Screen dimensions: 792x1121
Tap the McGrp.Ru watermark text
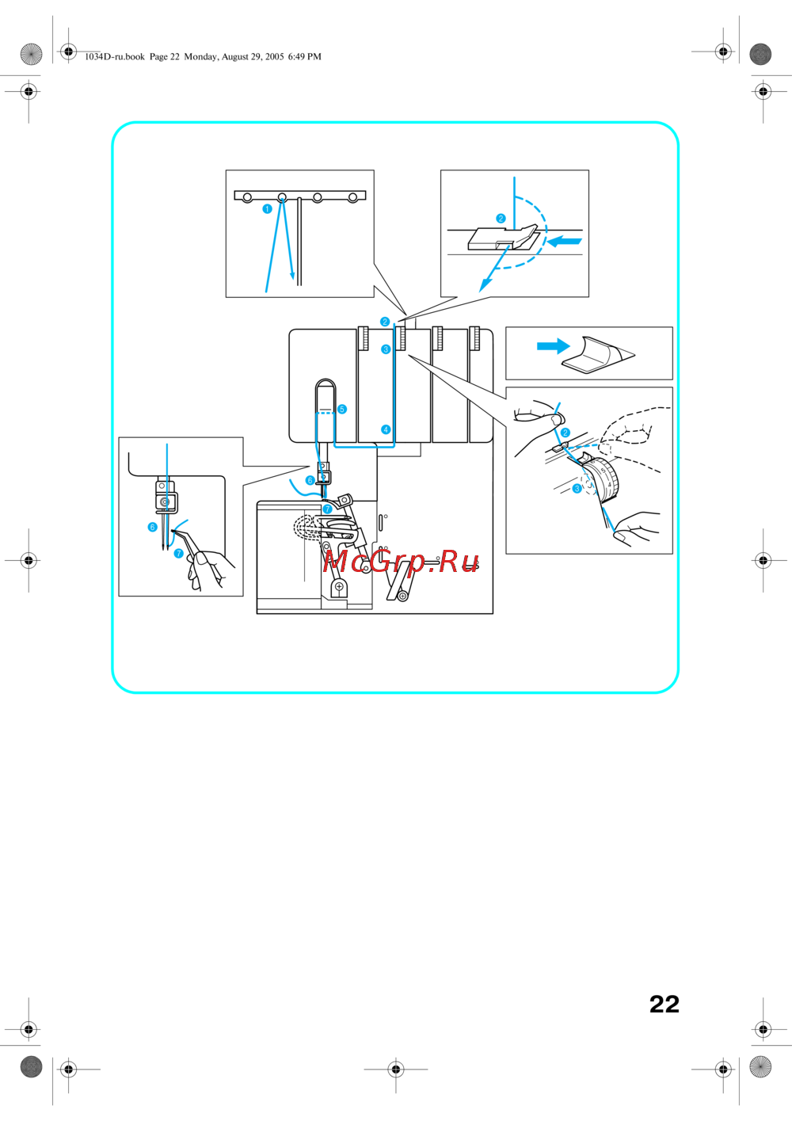(x=401, y=562)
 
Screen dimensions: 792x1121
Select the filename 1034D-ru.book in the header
(x=115, y=56)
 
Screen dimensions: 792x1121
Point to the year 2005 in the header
(x=275, y=56)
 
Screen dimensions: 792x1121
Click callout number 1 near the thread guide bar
(x=267, y=208)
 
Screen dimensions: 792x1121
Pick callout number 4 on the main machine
(x=386, y=429)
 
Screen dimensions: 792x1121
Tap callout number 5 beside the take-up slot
(x=342, y=409)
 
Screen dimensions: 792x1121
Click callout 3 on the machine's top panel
(x=386, y=349)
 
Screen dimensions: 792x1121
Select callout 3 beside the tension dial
(x=577, y=489)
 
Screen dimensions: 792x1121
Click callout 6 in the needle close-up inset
(x=153, y=527)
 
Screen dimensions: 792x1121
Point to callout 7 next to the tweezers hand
(x=179, y=554)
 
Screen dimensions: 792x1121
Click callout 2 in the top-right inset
(x=501, y=219)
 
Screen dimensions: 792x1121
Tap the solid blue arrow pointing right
(x=554, y=346)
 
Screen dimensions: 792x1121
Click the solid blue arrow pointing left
(x=565, y=242)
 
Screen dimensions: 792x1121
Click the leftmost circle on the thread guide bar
(x=247, y=198)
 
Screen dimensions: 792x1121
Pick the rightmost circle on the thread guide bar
(x=352, y=198)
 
